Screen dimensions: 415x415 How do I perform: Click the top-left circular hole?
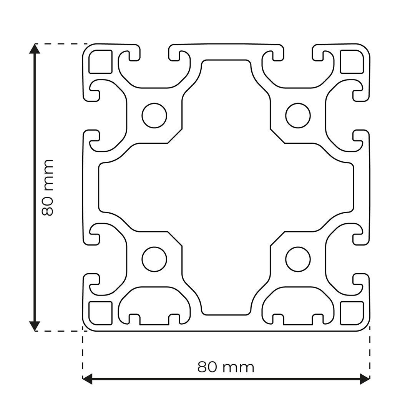coord(154,115)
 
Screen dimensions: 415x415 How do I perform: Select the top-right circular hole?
coord(298,115)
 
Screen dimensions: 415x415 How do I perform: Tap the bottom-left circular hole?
coord(154,259)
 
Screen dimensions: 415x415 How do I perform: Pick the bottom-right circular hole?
coord(298,259)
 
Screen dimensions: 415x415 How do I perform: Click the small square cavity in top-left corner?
coord(100,61)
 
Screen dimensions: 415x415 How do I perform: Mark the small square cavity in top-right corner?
coord(352,61)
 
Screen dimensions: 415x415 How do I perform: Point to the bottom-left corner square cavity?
coord(100,313)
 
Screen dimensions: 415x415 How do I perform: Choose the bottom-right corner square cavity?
coord(352,313)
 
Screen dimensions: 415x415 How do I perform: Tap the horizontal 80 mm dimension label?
coord(226,367)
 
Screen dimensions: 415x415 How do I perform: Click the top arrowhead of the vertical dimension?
coord(35,49)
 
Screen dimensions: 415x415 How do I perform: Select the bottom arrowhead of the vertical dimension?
coord(35,326)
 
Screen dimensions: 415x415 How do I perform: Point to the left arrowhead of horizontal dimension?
coord(88,379)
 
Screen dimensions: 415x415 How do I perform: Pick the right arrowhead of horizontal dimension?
coord(365,379)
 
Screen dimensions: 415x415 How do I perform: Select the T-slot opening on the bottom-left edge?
coord(154,320)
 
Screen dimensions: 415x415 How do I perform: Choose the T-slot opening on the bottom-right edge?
coord(298,320)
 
